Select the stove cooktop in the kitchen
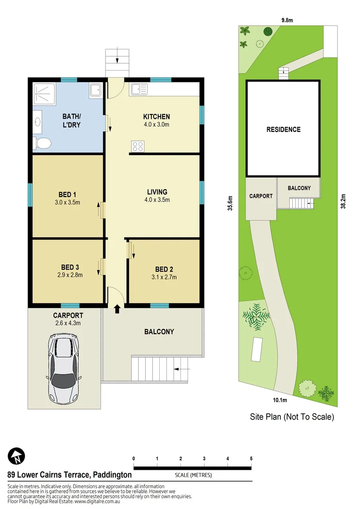click(x=138, y=147)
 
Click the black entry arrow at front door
click(x=117, y=309)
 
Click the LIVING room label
click(x=157, y=192)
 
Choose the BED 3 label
click(x=70, y=267)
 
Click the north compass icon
click(x=17, y=456)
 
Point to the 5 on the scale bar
click(x=251, y=459)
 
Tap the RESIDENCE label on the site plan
click(x=283, y=130)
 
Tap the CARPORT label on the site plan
click(x=261, y=196)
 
